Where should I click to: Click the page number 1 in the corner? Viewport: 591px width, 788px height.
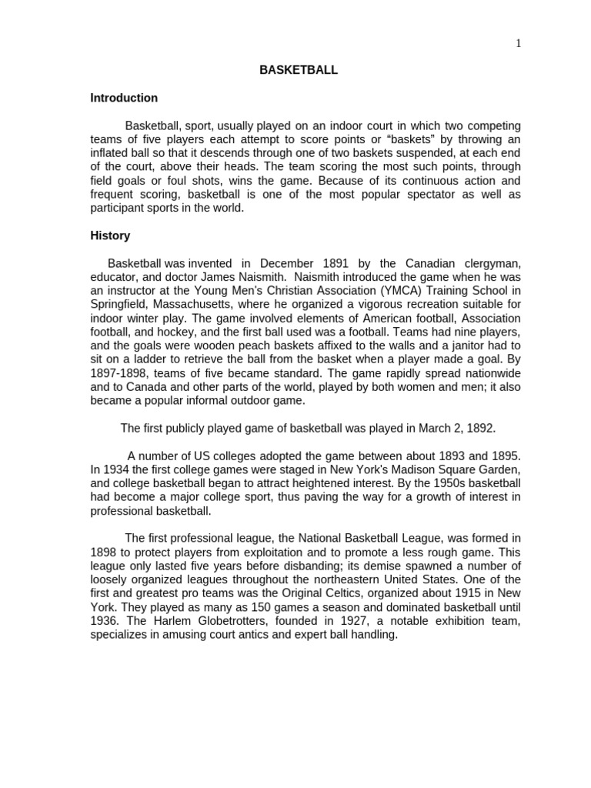tap(519, 44)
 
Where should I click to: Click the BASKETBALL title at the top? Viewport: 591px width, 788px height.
tap(299, 70)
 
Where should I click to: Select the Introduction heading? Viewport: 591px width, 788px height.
tap(124, 98)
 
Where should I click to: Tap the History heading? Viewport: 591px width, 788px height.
tap(110, 235)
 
